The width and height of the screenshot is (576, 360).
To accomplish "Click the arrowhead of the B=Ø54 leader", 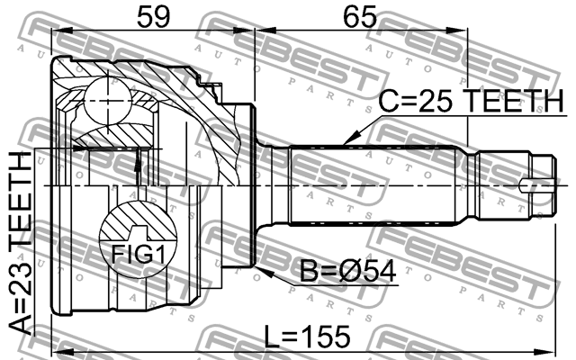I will (x=258, y=268).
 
